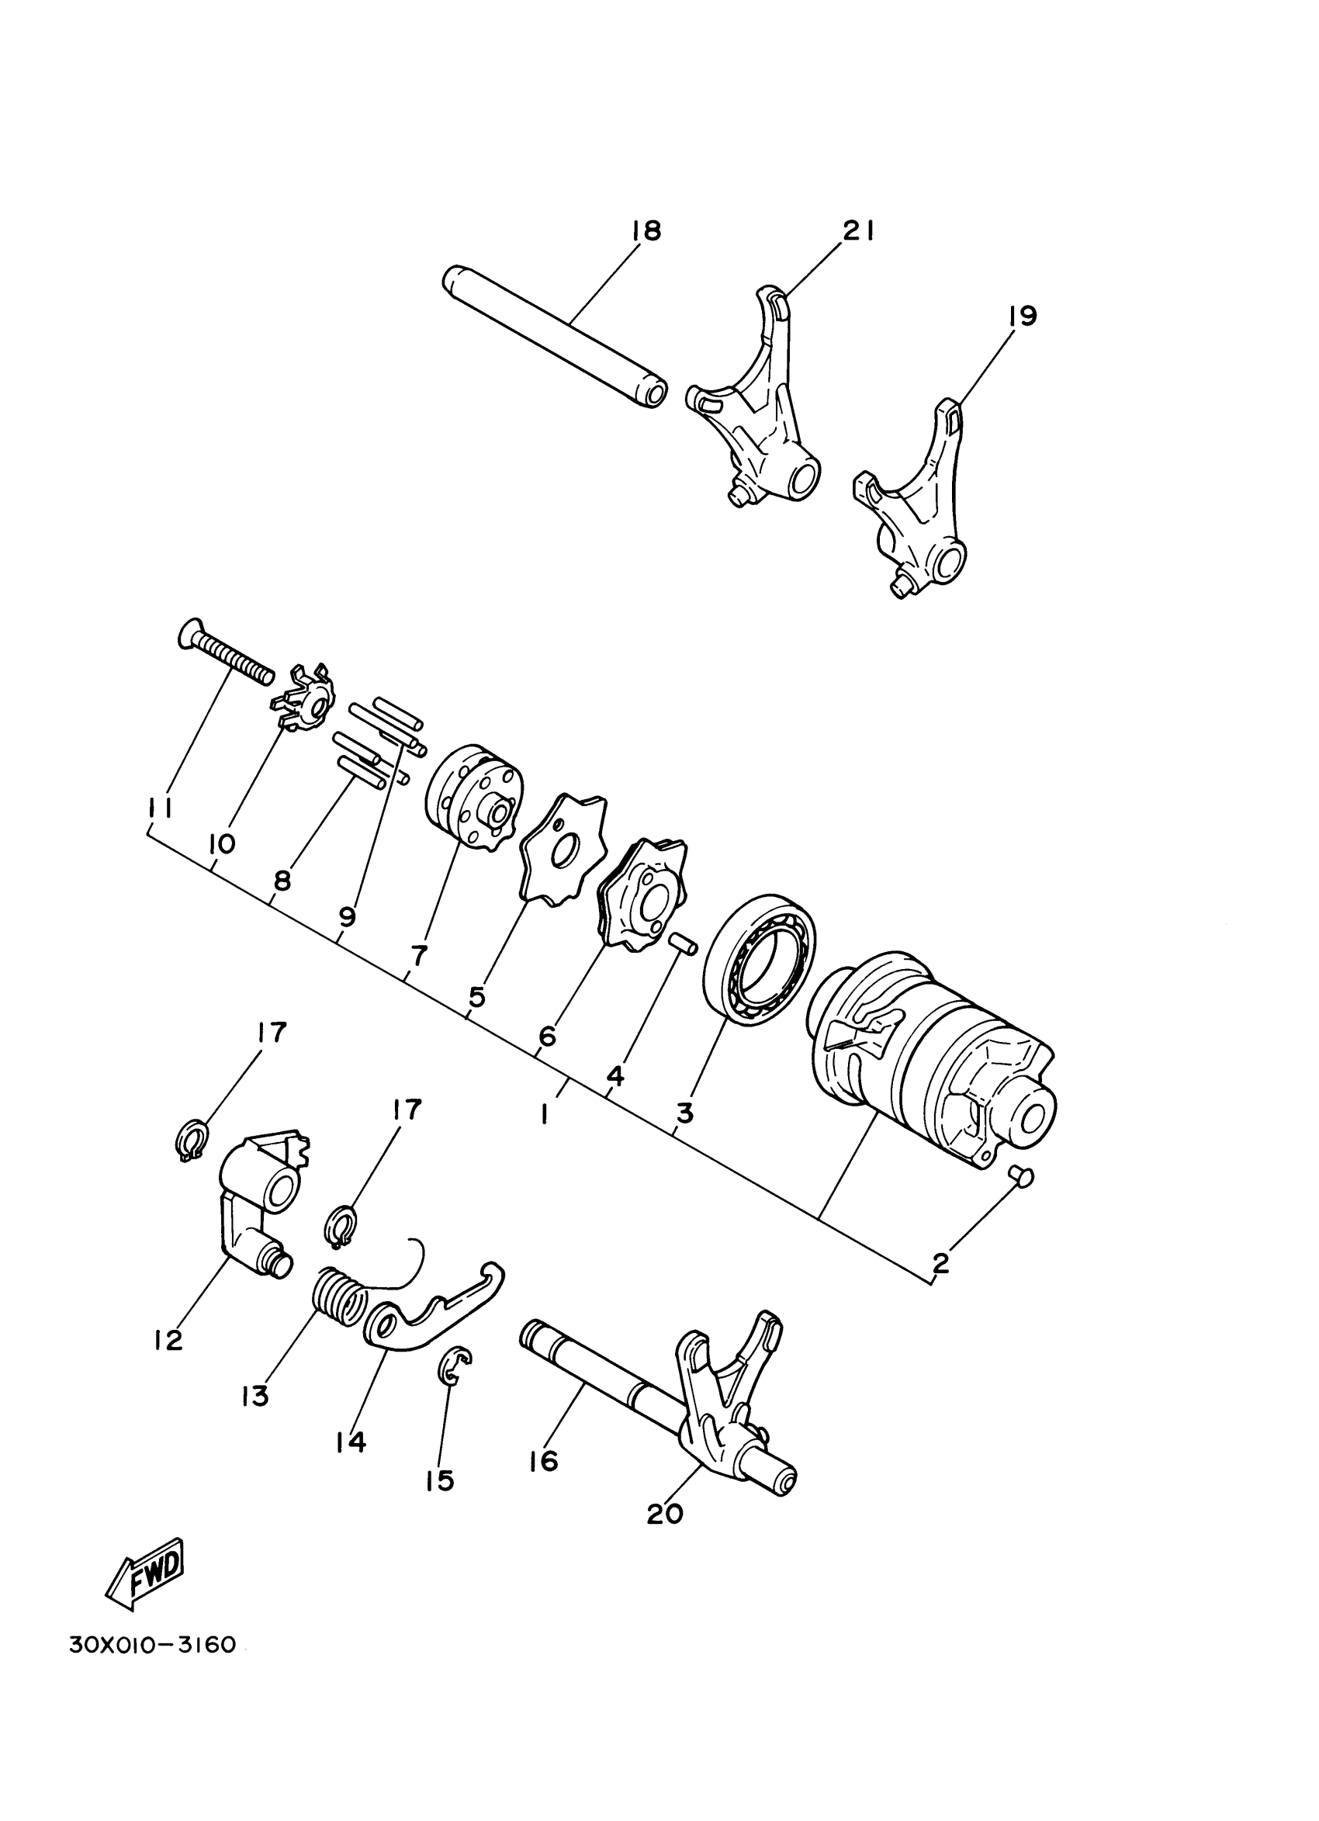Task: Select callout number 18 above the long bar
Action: [646, 231]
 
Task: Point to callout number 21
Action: [857, 231]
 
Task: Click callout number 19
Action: [1022, 316]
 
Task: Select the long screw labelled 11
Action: [225, 649]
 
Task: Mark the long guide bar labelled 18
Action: [555, 338]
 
